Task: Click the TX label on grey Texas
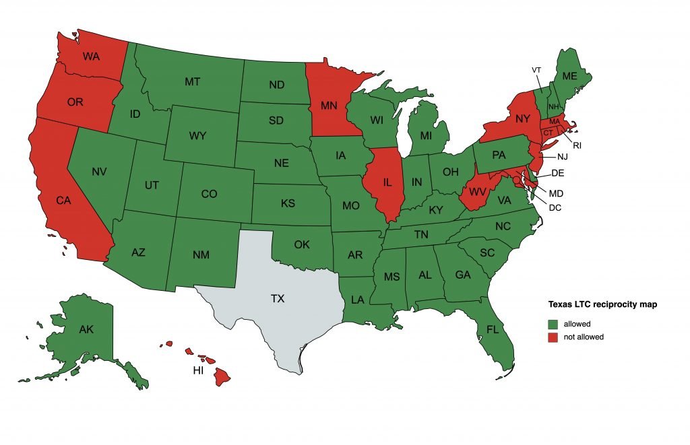click(x=278, y=299)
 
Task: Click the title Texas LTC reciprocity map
click(x=602, y=305)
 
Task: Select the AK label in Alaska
click(x=86, y=330)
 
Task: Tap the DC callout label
click(x=555, y=207)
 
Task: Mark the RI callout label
click(x=577, y=145)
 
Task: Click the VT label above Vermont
click(x=536, y=70)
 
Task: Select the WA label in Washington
click(x=92, y=56)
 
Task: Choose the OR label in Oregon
click(x=75, y=102)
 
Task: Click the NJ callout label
click(x=563, y=157)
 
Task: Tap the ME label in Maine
click(x=570, y=77)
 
